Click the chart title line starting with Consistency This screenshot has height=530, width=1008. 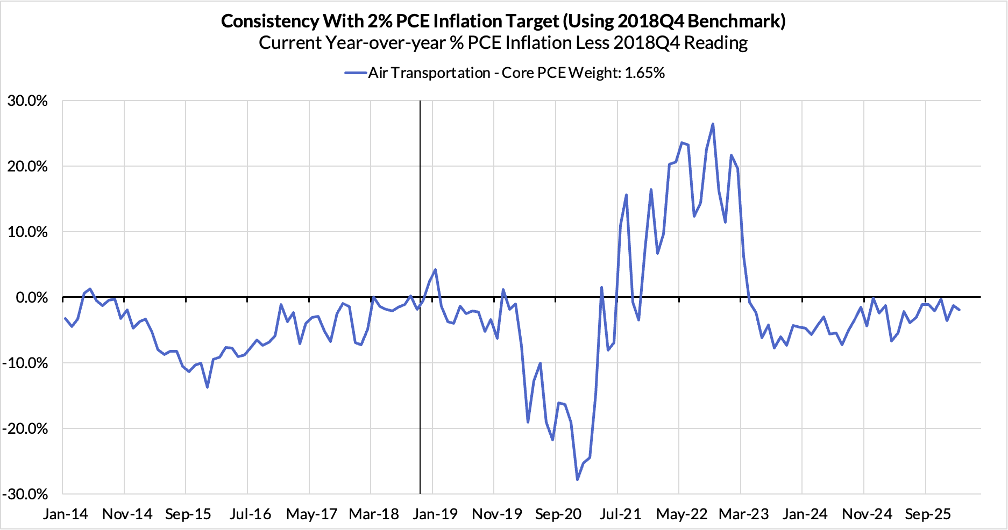pos(503,21)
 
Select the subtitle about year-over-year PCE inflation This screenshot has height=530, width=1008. pos(503,43)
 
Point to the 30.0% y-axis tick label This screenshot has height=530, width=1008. pos(27,101)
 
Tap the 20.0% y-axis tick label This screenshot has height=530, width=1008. pos(27,167)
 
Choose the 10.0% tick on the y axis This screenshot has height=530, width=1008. pos(27,232)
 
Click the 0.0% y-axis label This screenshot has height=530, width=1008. pos(31,297)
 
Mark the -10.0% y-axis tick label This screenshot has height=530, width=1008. pos(25,363)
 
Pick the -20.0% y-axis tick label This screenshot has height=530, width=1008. pos(25,428)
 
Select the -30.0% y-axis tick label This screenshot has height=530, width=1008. pos(25,494)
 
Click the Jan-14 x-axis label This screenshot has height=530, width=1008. pos(66,514)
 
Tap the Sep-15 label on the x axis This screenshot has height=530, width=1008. pos(188,514)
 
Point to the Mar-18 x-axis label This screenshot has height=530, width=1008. pos(374,514)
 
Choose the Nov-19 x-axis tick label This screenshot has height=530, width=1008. pos(497,514)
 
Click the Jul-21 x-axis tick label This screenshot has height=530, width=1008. pos(620,514)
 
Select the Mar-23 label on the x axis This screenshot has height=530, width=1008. pos(744,514)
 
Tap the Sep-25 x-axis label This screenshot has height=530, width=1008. pos(928,514)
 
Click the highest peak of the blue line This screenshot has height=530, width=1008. pos(713,124)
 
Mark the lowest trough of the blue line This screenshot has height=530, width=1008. pos(578,479)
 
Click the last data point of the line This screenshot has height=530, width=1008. pos(959,310)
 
